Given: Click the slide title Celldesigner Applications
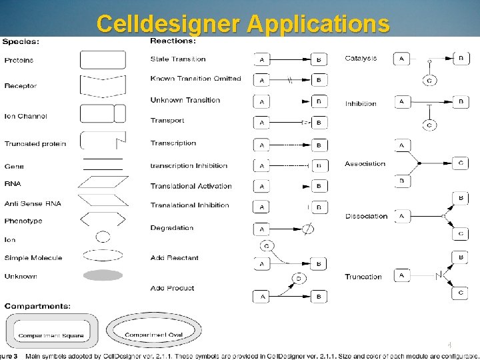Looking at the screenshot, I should pos(243,23).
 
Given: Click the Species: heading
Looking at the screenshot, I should pos(21,41).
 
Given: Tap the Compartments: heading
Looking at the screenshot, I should pos(37,306).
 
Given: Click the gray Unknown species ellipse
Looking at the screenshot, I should pos(103,275).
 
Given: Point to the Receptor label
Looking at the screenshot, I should pos(21,86).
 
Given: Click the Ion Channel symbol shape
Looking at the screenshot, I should pos(103,114).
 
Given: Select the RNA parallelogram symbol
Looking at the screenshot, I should pos(103,183).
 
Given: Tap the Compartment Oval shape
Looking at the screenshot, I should pos(153,331).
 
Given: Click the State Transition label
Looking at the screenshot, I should pos(178,59).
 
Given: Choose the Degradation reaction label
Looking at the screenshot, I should pos(172,228).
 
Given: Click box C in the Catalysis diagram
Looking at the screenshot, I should pos(429,81).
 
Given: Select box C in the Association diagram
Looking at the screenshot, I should pos(461,163).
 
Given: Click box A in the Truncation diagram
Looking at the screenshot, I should pos(402,275).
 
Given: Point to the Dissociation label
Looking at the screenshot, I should pos(366,216).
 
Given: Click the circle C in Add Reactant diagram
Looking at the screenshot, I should pos(267,246).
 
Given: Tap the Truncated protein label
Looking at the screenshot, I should pos(35,144).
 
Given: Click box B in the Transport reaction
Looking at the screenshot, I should pos(319,123).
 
